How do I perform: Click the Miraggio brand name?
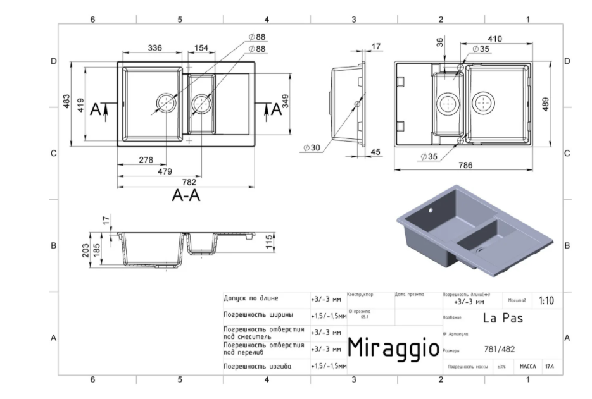pyautogui.click(x=393, y=347)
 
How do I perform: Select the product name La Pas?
pyautogui.click(x=503, y=317)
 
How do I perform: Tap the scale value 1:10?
pyautogui.click(x=546, y=301)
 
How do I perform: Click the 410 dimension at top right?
pyautogui.click(x=494, y=39)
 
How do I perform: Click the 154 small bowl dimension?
pyautogui.click(x=201, y=48)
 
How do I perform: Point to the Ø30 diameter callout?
pyautogui.click(x=311, y=147)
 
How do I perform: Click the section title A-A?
pyautogui.click(x=186, y=196)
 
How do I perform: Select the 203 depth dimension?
pyautogui.click(x=85, y=250)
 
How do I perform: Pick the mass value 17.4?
pyautogui.click(x=548, y=366)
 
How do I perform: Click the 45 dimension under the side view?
pyautogui.click(x=375, y=152)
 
